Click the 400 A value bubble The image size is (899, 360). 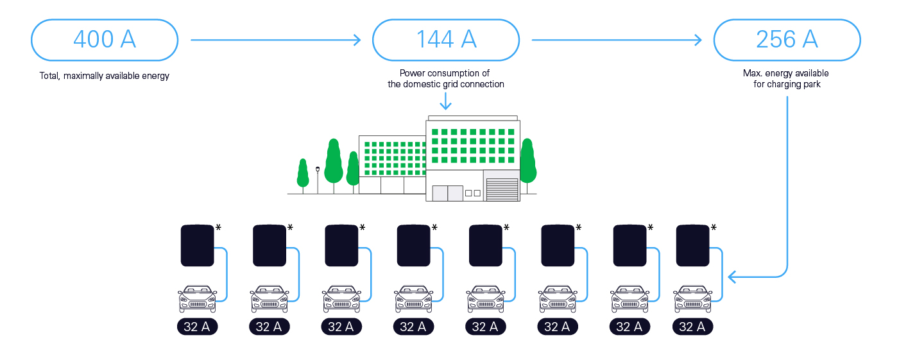(x=105, y=40)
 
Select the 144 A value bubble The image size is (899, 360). (x=446, y=40)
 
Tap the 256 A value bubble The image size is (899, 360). (x=787, y=40)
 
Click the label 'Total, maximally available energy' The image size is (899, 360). (x=105, y=76)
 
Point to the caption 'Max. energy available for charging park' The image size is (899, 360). (x=786, y=79)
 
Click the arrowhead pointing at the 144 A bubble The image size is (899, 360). (x=357, y=40)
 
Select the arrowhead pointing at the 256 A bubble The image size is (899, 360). (x=698, y=40)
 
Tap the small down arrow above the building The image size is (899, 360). (x=445, y=101)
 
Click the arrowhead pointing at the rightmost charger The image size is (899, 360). (x=732, y=277)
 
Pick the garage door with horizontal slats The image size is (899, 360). (x=502, y=189)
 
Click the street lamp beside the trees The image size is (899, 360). (x=318, y=180)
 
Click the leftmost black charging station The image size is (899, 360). (x=197, y=246)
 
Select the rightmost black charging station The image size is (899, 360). (x=693, y=246)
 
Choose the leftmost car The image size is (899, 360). (x=197, y=298)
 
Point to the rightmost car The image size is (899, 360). (x=693, y=298)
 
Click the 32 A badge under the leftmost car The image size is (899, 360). (x=197, y=327)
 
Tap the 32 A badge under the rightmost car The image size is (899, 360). (x=693, y=327)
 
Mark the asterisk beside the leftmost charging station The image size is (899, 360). (x=218, y=227)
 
